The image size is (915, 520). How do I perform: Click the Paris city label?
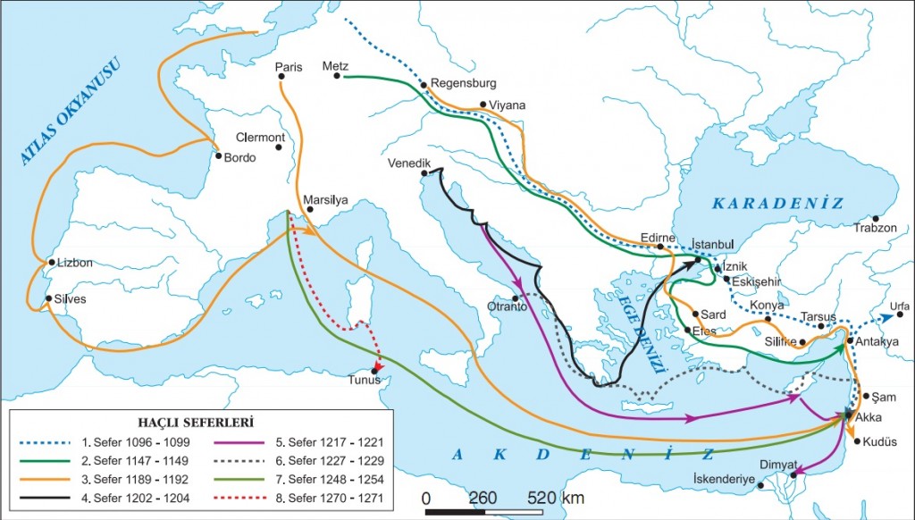(x=290, y=67)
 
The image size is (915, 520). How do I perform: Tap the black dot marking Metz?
(x=338, y=76)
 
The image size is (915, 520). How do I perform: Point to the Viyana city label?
(x=508, y=105)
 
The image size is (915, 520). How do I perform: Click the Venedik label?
(x=410, y=164)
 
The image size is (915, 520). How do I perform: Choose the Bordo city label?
(x=240, y=158)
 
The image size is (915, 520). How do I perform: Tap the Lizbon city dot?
(x=51, y=263)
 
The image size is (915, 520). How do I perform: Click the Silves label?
(x=71, y=299)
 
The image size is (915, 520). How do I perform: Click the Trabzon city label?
(x=875, y=228)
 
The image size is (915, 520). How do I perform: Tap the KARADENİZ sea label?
(x=777, y=204)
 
